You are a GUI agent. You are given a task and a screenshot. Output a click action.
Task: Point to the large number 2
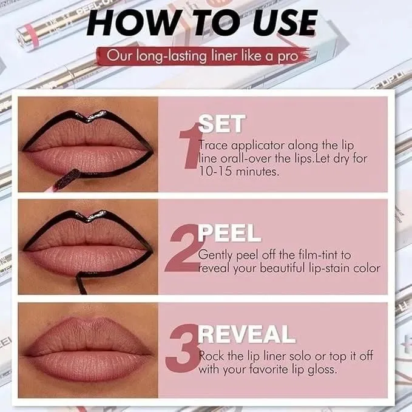(183, 248)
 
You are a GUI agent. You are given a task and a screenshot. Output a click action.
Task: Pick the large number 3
(183, 348)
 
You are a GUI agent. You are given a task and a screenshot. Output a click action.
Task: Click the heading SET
(222, 124)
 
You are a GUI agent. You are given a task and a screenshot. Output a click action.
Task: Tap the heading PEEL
(229, 232)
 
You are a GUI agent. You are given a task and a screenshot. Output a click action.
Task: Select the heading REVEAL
(247, 334)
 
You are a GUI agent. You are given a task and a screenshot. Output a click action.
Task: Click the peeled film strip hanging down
(81, 284)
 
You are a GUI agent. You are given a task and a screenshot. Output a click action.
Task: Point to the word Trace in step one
(214, 145)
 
